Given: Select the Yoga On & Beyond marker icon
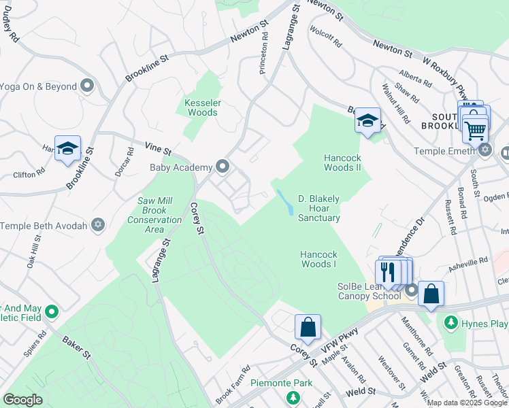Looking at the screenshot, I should click(86, 86).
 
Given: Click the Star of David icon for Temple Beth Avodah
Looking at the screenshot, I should click(98, 224).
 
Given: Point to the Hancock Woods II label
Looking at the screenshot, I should click(342, 163).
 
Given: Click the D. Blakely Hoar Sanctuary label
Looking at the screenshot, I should click(318, 208).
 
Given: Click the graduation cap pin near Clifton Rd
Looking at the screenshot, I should click(67, 148).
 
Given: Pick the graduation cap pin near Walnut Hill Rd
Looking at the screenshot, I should click(367, 121).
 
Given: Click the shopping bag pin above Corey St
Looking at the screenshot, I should click(308, 326).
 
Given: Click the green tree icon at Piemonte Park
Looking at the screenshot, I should click(293, 396).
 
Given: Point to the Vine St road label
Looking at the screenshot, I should click(158, 147).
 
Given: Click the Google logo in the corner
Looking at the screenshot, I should click(22, 400).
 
